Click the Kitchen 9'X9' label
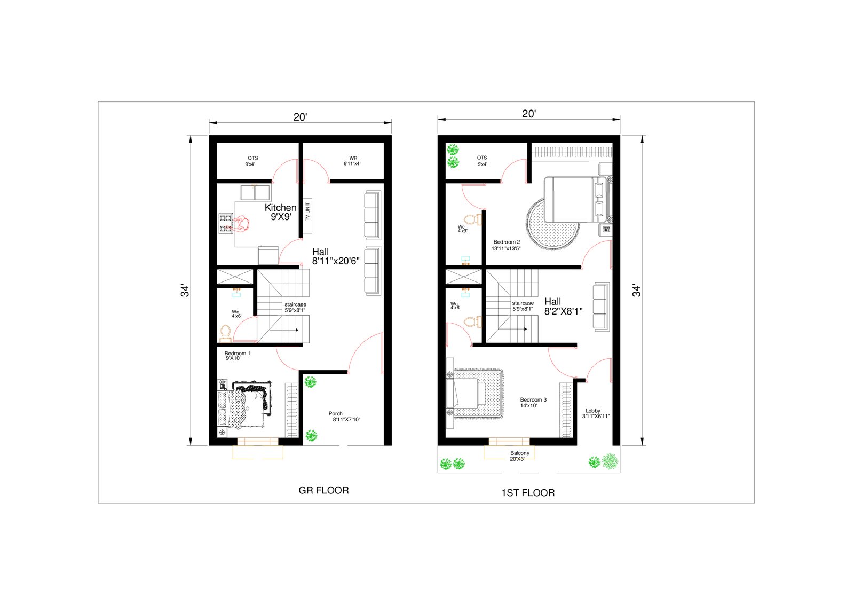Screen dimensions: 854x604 click(281, 212)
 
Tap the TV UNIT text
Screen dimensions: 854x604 click(307, 211)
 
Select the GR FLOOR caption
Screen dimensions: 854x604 click(323, 490)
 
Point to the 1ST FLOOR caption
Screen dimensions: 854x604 click(528, 493)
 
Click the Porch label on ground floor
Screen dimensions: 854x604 click(344, 416)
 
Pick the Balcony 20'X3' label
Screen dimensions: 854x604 click(519, 456)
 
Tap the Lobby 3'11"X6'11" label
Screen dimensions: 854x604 click(596, 413)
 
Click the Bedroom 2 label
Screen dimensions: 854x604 click(507, 245)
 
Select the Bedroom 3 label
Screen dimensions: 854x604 click(533, 403)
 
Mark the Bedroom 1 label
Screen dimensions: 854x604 click(237, 356)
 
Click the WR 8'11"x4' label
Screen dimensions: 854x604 click(352, 161)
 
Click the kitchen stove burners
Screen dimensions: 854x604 click(225, 224)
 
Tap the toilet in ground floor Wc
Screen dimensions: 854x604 click(225, 333)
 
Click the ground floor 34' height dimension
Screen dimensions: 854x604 click(185, 291)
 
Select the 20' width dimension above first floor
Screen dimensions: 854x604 click(529, 114)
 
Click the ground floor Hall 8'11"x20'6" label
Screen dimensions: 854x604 click(336, 256)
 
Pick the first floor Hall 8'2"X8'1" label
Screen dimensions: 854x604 click(563, 307)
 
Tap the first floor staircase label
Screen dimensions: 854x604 click(523, 306)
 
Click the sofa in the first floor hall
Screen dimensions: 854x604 click(601, 307)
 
